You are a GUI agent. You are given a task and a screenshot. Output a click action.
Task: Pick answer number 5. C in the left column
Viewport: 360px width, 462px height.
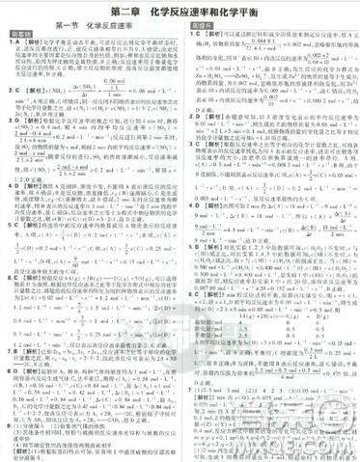pyautogui.click(x=11, y=224)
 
